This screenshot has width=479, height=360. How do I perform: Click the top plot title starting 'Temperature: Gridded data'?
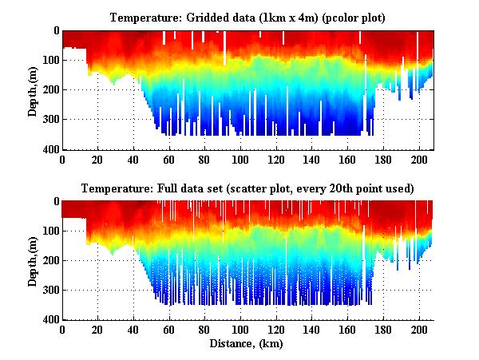coord(247,17)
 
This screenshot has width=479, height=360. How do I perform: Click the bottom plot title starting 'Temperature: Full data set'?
coord(247,188)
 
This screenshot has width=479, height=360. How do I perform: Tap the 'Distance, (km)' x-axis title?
coord(247,344)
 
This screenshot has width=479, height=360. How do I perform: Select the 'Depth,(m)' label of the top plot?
coord(33,90)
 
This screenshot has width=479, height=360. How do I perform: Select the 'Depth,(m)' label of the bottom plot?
coord(33,261)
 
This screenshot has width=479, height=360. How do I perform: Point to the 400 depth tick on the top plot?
coord(49,149)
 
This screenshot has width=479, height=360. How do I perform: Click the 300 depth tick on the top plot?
coord(49,120)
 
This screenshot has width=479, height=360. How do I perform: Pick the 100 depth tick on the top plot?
coord(49,60)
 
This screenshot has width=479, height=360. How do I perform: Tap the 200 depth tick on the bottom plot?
coord(49,261)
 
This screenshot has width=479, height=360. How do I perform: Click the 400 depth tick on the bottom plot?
coord(49,320)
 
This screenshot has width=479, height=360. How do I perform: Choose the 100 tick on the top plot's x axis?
coord(241,159)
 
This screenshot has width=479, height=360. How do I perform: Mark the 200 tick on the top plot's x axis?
coord(420,159)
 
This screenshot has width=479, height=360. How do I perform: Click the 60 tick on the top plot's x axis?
coord(169,159)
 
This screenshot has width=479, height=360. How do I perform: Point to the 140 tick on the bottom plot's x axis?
coord(313,330)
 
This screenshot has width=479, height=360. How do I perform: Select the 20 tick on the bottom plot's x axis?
coord(98,330)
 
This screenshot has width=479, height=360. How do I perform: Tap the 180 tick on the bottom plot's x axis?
coord(384,330)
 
